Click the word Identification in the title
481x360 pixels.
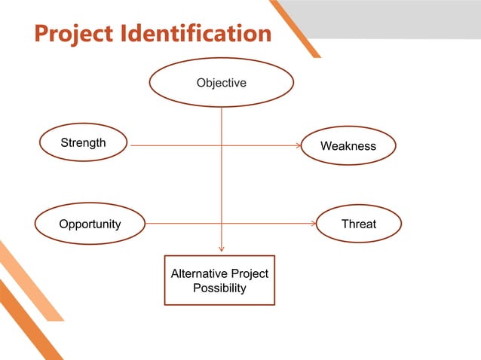tap(199, 34)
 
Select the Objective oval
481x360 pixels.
tap(221, 83)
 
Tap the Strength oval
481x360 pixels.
tap(83, 143)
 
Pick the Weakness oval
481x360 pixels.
tap(348, 145)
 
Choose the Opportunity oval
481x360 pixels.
tap(90, 224)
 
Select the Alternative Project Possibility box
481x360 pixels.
tap(219, 280)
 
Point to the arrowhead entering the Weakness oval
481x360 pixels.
tap(297, 145)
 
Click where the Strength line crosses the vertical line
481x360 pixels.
tap(221, 145)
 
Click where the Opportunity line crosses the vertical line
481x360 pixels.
tap(221, 224)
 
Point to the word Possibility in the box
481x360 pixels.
tap(219, 288)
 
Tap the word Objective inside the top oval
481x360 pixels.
tap(221, 83)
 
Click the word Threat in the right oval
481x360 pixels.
tap(358, 224)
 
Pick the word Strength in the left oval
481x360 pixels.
tap(83, 143)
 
